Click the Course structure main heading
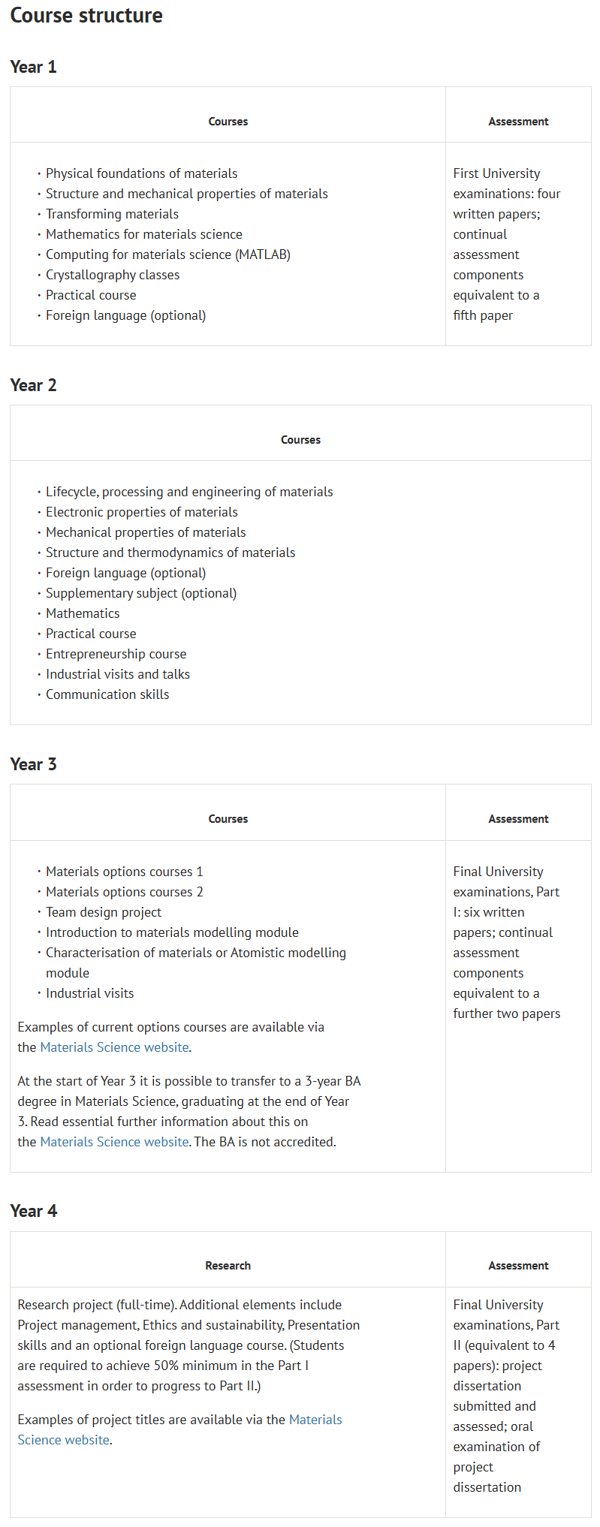click(x=86, y=16)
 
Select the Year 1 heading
click(x=33, y=67)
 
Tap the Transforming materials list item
click(x=112, y=214)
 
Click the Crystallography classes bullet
click(x=113, y=275)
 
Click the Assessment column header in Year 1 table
click(x=518, y=122)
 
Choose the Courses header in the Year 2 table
click(x=300, y=440)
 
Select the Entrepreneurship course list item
click(x=116, y=654)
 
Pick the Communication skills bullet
click(x=107, y=694)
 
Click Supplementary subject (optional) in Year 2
click(x=141, y=593)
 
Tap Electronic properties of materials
click(x=141, y=512)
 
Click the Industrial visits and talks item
click(x=118, y=674)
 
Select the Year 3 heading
click(x=33, y=764)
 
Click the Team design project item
click(x=104, y=912)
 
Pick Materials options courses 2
click(x=124, y=892)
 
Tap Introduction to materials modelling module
click(x=172, y=932)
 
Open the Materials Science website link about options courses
click(x=114, y=1047)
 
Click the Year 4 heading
click(x=33, y=1211)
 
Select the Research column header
click(x=228, y=1266)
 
